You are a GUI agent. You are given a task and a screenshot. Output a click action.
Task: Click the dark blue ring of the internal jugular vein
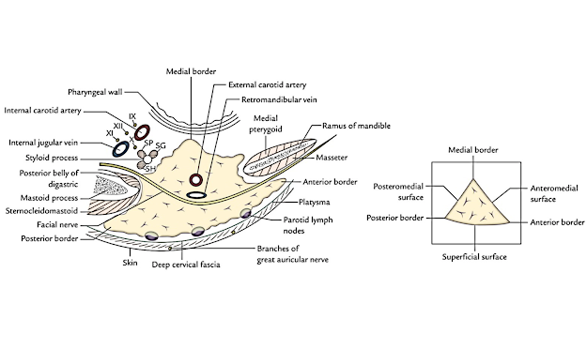click(120, 147)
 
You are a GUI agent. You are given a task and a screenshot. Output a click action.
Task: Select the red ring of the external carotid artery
click(197, 180)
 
